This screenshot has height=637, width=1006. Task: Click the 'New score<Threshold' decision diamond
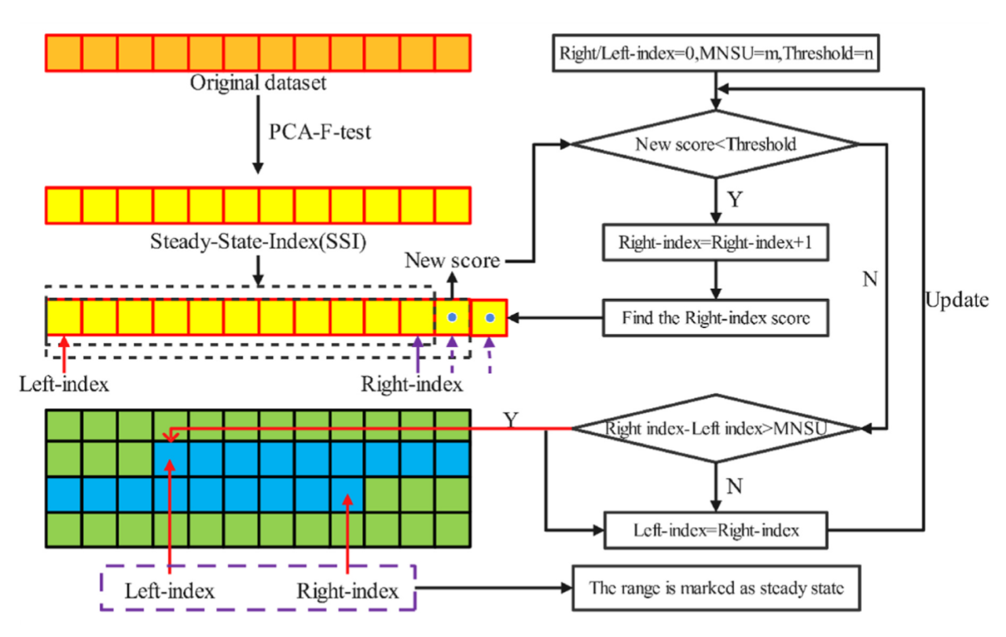714,144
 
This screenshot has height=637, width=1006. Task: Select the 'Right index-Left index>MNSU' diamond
714,429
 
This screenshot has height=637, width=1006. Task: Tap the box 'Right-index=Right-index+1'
714,243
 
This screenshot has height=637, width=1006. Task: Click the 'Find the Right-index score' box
714,318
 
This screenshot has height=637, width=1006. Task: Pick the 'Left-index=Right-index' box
714,530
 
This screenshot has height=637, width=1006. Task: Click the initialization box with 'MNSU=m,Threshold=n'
714,54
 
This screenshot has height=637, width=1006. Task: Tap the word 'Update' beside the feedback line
956,300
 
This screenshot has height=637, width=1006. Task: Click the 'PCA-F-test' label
319,131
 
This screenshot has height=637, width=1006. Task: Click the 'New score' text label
452,260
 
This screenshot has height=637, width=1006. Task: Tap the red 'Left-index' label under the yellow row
64,385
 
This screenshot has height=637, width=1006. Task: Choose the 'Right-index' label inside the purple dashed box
347,589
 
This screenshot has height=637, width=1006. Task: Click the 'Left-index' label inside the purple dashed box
170,589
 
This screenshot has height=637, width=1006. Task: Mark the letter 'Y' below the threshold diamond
734,201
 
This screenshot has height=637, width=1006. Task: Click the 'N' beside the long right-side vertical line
869,280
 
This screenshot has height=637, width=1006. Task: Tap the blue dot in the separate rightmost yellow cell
490,318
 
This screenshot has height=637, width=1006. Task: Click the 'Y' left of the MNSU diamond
512,421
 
